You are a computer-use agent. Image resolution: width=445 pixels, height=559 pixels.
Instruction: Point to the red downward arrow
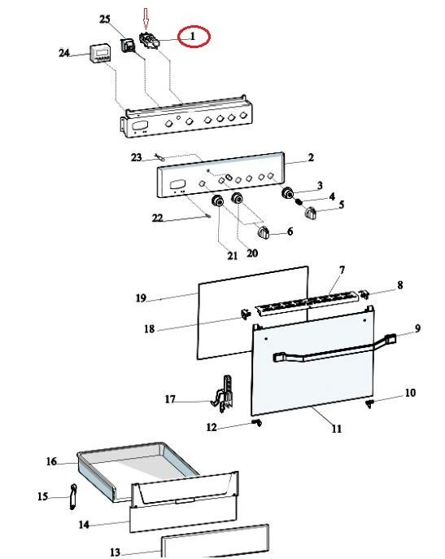coord(146,19)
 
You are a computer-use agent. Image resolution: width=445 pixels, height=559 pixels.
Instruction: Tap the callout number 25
coord(105,19)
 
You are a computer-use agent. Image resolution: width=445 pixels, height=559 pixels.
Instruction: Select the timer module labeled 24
coord(100,54)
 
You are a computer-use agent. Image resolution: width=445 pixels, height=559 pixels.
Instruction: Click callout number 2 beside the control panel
coord(311,157)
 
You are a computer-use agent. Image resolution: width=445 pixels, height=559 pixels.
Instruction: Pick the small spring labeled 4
coord(299,202)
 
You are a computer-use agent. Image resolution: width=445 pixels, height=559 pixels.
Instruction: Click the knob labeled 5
coord(311,213)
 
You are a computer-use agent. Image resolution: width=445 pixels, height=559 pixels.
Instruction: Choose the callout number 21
coord(232,255)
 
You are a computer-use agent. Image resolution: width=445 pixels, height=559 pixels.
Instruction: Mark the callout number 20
coord(252,253)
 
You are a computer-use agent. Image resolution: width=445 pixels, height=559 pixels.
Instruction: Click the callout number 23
coord(137,157)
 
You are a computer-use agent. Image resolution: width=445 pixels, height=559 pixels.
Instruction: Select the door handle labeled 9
coord(334,348)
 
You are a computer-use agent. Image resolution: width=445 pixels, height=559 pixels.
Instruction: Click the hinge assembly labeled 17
coord(224,394)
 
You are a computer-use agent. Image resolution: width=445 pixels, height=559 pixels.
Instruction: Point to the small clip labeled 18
coord(246,314)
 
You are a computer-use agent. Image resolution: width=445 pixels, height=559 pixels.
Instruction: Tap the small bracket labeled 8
coord(364,294)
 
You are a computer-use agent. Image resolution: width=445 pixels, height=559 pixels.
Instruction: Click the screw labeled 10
coord(369,403)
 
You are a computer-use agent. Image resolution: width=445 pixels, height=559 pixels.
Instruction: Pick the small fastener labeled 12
coord(257,422)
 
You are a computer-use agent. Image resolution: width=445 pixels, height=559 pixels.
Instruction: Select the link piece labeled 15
coord(73,496)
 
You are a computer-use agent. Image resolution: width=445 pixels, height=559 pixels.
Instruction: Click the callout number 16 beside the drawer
coord(51,461)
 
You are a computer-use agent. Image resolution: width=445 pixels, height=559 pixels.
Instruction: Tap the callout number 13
coord(115,552)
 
